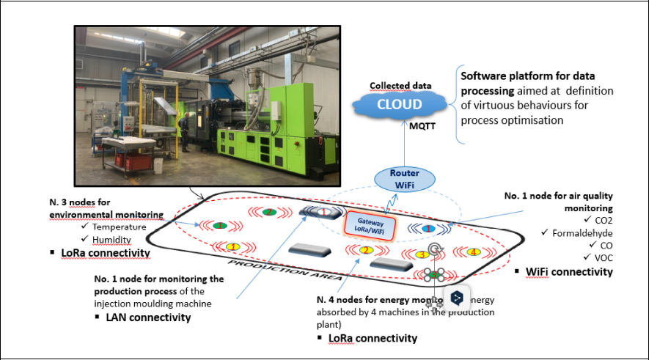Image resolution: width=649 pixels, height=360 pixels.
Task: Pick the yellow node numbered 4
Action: point(474,252)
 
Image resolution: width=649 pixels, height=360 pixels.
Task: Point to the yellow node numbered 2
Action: point(364,251)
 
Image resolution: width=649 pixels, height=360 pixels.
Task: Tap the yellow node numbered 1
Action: point(232,246)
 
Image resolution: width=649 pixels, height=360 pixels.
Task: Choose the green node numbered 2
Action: point(269,213)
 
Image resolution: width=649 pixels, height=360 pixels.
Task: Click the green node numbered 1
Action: point(219,225)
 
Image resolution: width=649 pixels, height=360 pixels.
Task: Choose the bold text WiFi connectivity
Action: point(569,272)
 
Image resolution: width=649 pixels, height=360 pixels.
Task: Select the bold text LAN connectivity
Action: point(148,317)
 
